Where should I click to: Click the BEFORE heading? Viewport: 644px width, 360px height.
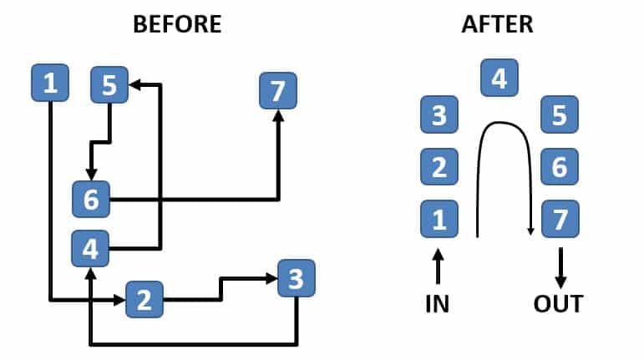[177, 24]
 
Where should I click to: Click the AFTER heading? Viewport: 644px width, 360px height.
[497, 24]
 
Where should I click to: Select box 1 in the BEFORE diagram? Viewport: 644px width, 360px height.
[50, 83]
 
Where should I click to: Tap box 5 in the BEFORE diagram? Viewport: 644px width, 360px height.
[109, 84]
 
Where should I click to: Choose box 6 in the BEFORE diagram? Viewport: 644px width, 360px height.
[91, 199]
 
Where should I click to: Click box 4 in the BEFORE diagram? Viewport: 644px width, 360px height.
[91, 248]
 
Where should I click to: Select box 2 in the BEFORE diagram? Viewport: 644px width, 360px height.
[145, 299]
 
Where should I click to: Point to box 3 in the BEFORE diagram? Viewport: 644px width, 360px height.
[297, 277]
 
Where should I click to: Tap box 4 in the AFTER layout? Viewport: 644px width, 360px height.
[499, 79]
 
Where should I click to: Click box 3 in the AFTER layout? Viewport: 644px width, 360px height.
[439, 115]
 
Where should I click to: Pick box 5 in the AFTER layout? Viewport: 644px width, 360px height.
[560, 115]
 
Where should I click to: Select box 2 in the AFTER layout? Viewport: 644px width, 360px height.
[439, 168]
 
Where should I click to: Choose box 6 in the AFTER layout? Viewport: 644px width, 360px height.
[560, 168]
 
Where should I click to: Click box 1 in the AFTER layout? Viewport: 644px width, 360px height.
[439, 220]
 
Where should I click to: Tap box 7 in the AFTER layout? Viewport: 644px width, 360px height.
[560, 220]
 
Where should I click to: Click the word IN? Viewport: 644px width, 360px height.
[437, 303]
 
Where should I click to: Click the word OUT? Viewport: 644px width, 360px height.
[559, 303]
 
